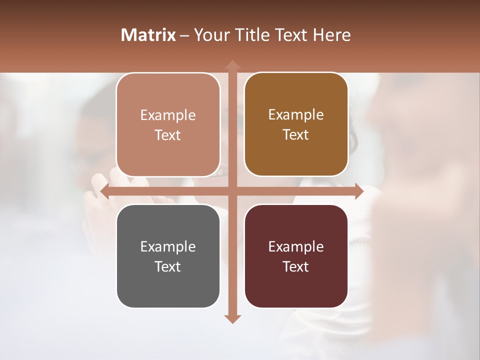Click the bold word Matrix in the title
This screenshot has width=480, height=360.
(148, 35)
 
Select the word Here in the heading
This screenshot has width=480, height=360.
(332, 35)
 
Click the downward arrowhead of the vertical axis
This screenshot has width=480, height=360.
(232, 318)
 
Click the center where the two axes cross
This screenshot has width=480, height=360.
(232, 191)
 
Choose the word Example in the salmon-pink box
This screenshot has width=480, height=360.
(168, 115)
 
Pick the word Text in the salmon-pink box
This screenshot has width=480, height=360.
(168, 135)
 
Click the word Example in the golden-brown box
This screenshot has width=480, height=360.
(296, 114)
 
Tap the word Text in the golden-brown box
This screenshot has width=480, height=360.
(296, 134)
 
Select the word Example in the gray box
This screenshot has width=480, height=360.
(168, 246)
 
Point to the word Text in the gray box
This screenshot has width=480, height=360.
(168, 266)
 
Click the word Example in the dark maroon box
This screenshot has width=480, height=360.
(296, 246)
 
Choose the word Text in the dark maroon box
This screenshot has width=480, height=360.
(296, 266)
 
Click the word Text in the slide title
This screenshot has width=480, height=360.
(292, 35)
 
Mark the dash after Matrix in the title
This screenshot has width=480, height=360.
(185, 35)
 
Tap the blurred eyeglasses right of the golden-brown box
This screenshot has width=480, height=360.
(353, 140)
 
